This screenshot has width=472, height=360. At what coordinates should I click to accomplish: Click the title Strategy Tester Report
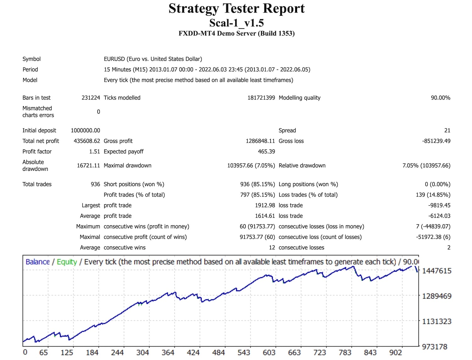tap(236, 9)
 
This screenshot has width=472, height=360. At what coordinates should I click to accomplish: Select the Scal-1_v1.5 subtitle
tap(236, 23)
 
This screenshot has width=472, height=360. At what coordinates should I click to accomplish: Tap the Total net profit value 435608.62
tap(87, 141)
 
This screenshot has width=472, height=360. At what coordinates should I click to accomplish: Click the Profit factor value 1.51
tap(94, 151)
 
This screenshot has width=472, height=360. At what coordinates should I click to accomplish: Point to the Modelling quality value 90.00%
tap(440, 98)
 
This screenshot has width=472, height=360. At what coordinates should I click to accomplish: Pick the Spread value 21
tap(447, 130)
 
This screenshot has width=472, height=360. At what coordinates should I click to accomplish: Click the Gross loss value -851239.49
tap(436, 141)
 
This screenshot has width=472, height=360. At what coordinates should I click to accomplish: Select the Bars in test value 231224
tap(91, 98)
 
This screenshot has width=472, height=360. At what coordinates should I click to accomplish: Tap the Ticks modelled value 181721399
tap(261, 98)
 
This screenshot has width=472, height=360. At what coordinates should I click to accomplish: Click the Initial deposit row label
tap(39, 130)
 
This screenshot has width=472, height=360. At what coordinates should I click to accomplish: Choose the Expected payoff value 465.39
tap(266, 151)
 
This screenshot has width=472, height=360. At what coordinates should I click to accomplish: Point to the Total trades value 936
tap(95, 184)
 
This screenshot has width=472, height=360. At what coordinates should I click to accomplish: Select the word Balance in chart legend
tap(38, 262)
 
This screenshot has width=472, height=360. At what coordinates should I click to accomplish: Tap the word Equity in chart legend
tap(67, 262)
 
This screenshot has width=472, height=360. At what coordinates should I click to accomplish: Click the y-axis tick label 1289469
tap(436, 296)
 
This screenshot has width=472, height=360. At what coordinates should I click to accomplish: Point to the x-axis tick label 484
tap(218, 352)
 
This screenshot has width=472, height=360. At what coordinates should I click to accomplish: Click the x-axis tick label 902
tap(396, 352)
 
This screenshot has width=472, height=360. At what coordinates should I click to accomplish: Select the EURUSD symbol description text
tap(153, 59)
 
